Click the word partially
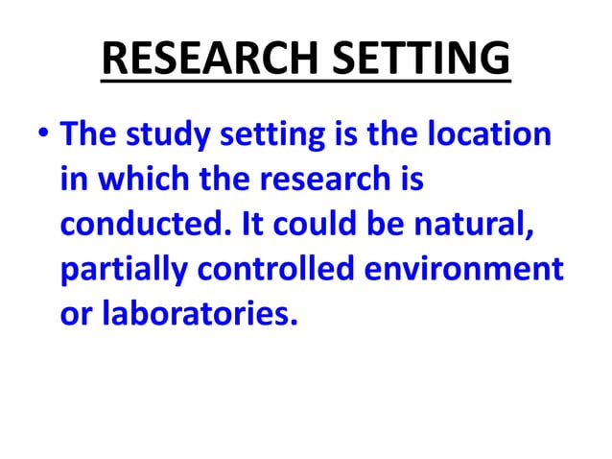click(x=123, y=272)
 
